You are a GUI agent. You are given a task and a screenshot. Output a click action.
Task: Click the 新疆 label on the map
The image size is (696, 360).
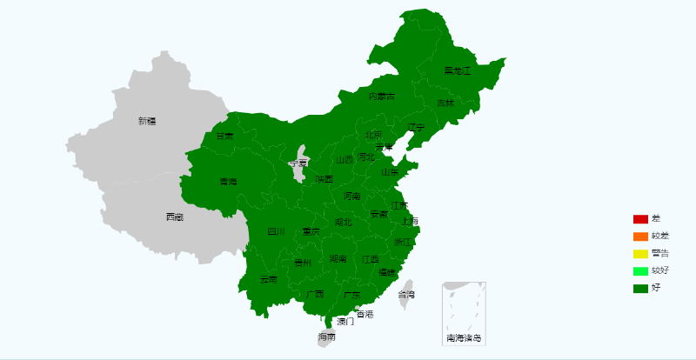147,121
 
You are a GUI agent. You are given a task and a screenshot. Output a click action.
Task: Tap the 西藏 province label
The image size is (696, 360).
175,217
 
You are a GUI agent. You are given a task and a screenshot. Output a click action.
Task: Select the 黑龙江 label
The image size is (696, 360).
457,70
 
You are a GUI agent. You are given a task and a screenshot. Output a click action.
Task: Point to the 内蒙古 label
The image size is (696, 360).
381,97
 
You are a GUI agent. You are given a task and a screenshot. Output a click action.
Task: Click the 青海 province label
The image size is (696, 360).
228,182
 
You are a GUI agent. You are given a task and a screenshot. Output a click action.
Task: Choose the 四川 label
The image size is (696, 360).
276,231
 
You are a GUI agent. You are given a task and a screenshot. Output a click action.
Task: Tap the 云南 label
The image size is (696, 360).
268,279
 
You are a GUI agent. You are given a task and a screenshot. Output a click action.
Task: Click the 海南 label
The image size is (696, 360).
326,337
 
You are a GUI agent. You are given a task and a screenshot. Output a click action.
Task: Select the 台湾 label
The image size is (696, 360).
406,295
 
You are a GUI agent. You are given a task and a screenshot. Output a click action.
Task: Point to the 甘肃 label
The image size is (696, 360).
224,137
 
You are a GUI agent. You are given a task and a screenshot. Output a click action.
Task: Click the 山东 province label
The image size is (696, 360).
389,172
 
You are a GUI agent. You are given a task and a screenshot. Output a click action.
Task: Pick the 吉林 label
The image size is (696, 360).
445,103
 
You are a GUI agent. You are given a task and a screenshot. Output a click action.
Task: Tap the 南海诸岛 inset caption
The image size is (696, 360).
464,337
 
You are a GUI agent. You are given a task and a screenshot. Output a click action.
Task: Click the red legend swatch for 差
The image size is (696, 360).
640,218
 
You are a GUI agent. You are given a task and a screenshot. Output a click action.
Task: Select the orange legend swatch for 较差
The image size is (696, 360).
640,236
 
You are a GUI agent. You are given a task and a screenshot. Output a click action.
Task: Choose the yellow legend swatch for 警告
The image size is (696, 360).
640,253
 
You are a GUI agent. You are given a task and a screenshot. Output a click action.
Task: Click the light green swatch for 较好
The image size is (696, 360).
640,270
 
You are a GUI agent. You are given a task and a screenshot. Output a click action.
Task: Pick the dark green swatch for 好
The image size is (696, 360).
640,288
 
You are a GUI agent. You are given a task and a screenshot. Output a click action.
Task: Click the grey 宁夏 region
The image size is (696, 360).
299,165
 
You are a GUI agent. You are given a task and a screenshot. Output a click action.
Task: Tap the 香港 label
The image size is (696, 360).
365,313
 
